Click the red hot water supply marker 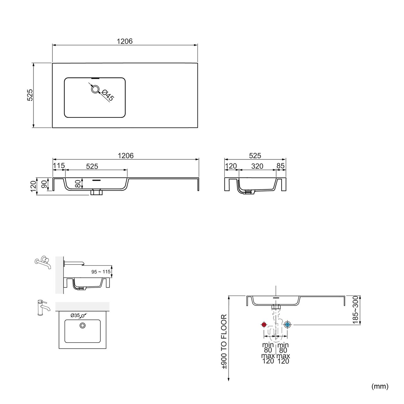point(264,325)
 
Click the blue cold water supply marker point(287,325)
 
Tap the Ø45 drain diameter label point(108,95)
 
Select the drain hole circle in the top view point(95,89)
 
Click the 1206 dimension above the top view point(125,41)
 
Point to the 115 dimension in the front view point(59,166)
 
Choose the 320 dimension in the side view point(257,166)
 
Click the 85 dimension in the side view point(281,166)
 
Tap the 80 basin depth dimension point(78,184)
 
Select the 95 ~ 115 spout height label point(101,272)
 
